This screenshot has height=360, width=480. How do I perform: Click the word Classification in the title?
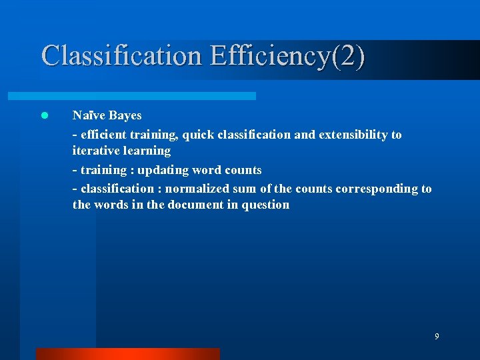121,55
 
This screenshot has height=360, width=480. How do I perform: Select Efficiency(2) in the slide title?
287,55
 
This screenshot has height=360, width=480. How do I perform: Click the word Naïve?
89,115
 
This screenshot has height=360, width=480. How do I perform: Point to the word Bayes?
125,115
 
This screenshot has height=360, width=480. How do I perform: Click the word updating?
162,170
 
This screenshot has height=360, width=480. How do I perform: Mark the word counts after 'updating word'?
243,170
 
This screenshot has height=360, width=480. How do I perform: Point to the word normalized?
198,189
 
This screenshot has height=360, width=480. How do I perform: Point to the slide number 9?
437,337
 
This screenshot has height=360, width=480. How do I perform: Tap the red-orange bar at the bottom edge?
127,353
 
